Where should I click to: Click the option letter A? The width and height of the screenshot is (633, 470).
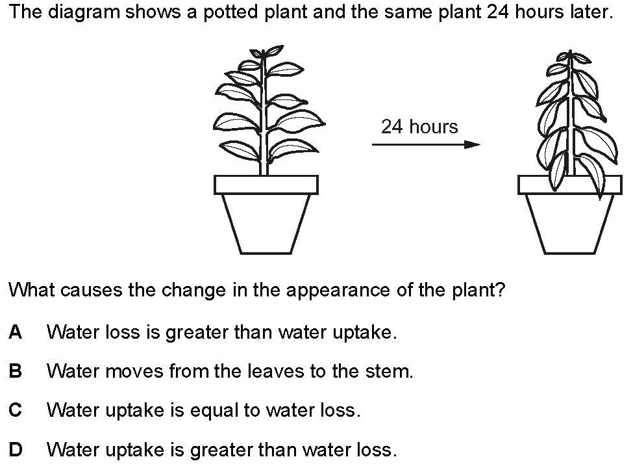(x=16, y=332)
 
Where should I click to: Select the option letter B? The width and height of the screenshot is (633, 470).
(x=16, y=371)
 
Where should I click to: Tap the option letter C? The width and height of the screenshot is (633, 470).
(x=16, y=410)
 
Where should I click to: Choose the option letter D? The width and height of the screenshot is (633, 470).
(x=16, y=449)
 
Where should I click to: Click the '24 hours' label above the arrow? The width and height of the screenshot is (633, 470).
(x=419, y=127)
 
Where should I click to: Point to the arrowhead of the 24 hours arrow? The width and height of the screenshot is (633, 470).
(x=473, y=144)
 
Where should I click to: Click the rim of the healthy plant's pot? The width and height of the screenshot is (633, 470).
(x=266, y=185)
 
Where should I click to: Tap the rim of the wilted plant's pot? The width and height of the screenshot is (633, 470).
(x=570, y=185)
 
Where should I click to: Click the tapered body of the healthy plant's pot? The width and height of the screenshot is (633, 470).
(x=266, y=224)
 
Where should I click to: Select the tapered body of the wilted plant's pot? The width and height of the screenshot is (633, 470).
(x=570, y=224)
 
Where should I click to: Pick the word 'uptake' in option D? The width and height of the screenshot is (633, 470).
(x=134, y=450)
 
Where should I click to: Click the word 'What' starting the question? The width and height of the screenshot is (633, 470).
(x=32, y=290)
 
